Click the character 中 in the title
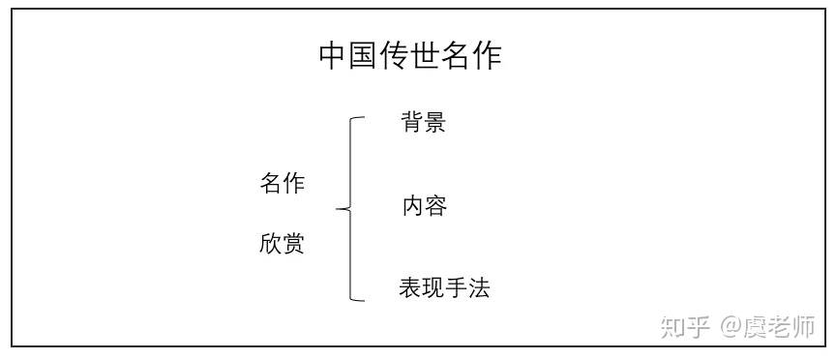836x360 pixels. [334, 56]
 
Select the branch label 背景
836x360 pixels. [423, 123]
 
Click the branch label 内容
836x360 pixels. [424, 206]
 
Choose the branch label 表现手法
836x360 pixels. [444, 288]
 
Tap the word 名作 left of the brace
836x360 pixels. [282, 184]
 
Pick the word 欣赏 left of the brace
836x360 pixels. [282, 244]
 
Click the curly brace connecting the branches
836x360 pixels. [349, 207]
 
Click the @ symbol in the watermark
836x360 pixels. [730, 326]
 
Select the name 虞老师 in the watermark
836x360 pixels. [779, 326]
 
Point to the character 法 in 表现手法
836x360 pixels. [479, 288]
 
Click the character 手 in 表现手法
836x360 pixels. [456, 288]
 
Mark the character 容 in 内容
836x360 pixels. [435, 206]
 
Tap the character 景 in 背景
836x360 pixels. [434, 123]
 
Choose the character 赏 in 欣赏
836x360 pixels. [293, 244]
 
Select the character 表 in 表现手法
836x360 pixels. [409, 288]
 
